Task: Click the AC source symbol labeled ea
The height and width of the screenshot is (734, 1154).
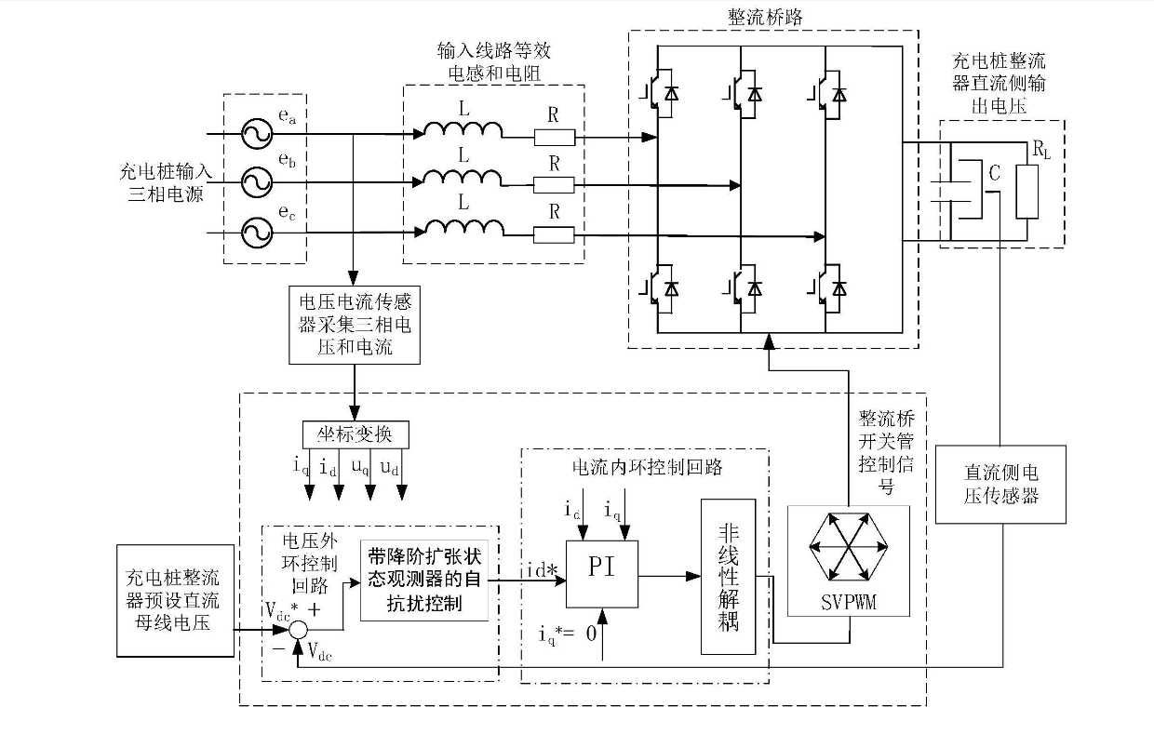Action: pos(252,133)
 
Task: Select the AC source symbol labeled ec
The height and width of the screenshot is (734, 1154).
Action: pos(252,232)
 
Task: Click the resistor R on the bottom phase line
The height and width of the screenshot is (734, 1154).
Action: pos(555,234)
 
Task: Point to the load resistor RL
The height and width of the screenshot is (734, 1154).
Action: pos(1027,191)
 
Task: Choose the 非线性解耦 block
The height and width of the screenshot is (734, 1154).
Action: pos(728,577)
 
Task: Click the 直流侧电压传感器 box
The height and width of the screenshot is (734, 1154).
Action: pos(1000,484)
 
